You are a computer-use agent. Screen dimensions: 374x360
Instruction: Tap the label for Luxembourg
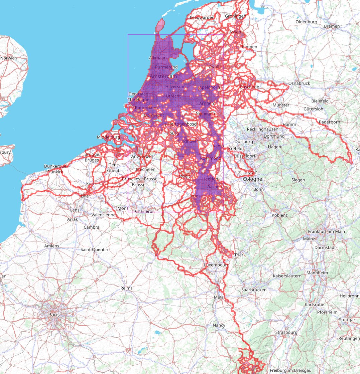pos(216,265)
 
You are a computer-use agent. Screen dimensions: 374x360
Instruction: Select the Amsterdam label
pos(163,76)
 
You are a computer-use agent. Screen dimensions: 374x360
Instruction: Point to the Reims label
pos(126,288)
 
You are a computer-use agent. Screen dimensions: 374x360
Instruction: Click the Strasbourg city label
pos(286,332)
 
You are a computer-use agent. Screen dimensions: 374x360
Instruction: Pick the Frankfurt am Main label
pos(327,231)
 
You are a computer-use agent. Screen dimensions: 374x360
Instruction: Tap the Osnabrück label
pos(299,83)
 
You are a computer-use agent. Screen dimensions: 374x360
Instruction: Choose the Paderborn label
pos(329,122)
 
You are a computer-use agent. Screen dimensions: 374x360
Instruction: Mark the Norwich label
pos(8,58)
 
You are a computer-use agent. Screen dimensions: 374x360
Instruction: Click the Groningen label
pos(235,16)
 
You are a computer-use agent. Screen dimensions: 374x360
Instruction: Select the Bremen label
pos(332,26)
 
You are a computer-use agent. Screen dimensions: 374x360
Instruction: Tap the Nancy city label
pos(219,325)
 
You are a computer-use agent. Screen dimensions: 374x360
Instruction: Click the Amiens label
pos(51,246)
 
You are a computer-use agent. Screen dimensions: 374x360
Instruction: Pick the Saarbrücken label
pos(254,290)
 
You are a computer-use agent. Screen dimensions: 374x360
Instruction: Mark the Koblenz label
pos(280,215)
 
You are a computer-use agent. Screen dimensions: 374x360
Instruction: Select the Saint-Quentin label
pos(95,249)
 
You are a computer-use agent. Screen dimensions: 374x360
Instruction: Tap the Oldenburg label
pos(306,22)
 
